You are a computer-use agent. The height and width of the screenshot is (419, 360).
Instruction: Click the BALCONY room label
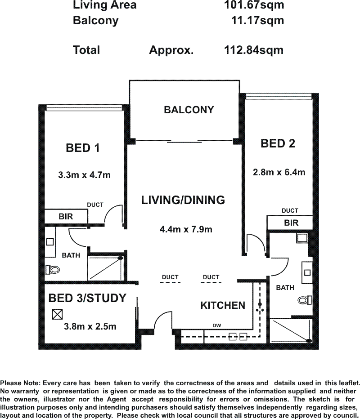(x=189, y=110)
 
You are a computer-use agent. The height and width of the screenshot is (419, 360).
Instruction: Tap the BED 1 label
(x=83, y=148)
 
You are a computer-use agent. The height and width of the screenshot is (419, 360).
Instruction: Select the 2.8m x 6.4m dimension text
(x=279, y=172)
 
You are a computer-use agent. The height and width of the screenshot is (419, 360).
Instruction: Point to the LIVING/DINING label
(x=183, y=200)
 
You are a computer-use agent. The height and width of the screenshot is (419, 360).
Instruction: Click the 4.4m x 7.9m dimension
(x=186, y=229)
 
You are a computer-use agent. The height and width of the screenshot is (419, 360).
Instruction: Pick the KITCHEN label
(x=223, y=305)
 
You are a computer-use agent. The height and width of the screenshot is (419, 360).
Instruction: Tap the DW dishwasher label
(x=216, y=325)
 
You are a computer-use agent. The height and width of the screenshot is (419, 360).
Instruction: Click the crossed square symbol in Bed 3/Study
(x=58, y=315)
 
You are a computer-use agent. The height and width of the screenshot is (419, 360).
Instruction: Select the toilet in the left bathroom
(x=53, y=270)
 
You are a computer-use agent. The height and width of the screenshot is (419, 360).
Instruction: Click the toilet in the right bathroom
(x=305, y=300)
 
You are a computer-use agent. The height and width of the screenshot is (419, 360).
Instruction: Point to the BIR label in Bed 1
(x=66, y=216)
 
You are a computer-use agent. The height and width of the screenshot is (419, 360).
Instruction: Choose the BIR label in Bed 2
(x=291, y=223)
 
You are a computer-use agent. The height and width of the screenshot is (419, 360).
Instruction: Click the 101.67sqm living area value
(x=254, y=5)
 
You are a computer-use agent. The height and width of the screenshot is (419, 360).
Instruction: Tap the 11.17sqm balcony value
(x=257, y=21)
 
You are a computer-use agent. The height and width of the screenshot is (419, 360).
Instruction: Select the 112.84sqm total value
(x=254, y=50)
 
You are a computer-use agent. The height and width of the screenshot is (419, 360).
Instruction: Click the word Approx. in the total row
(x=171, y=50)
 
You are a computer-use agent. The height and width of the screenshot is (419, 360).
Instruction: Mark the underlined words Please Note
(x=21, y=383)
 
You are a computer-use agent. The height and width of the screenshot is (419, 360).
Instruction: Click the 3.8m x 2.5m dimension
(x=90, y=326)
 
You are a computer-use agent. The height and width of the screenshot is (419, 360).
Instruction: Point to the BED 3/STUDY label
(x=87, y=298)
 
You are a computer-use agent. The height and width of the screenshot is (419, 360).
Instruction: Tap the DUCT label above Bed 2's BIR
(x=290, y=210)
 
